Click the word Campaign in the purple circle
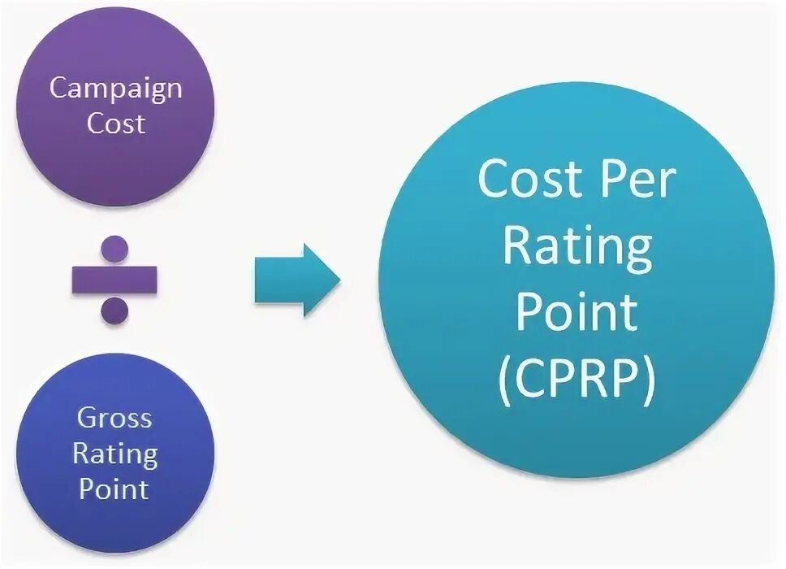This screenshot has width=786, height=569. [x=115, y=89]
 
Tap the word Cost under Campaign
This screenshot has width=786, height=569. [x=115, y=124]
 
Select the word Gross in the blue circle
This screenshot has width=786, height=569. [x=114, y=419]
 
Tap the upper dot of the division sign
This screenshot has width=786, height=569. [x=114, y=248]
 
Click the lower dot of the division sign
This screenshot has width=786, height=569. [x=114, y=309]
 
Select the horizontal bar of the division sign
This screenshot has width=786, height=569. [x=114, y=280]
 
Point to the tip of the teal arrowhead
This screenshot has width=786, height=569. [x=339, y=279]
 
